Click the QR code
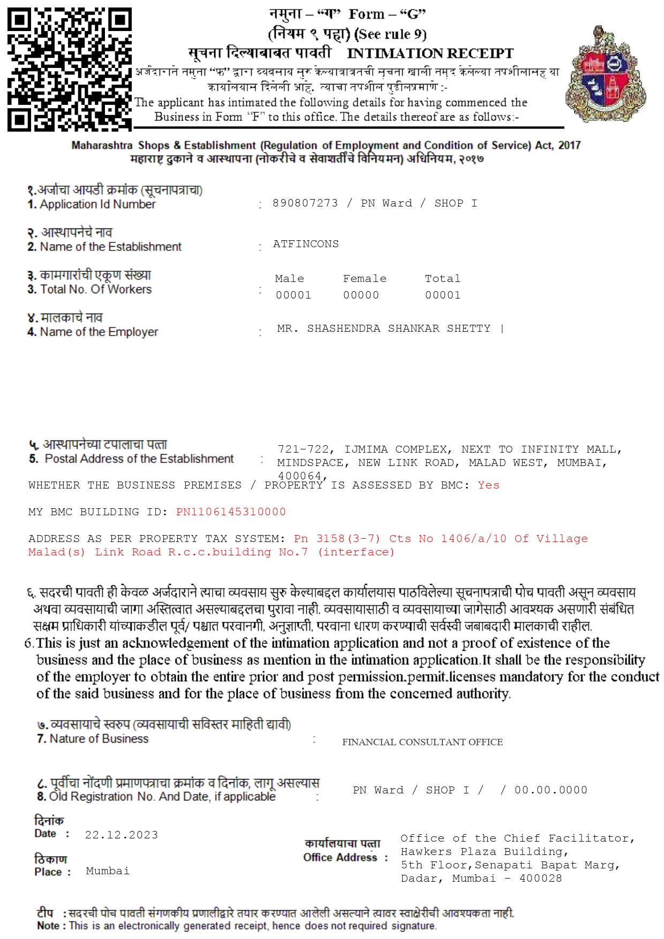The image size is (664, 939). [x=70, y=70]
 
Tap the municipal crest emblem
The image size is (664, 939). [x=606, y=74]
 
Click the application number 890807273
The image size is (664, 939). [x=305, y=203]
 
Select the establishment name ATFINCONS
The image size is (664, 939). [x=306, y=244]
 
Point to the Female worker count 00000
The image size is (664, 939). [x=361, y=295]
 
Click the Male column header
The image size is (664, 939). [x=289, y=279]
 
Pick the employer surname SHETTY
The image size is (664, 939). [x=469, y=329]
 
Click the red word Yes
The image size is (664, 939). [x=488, y=485]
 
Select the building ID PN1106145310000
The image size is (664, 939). [x=231, y=512]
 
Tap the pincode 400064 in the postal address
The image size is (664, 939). [x=299, y=476]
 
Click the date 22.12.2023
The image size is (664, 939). [x=122, y=835]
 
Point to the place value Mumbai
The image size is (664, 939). [x=108, y=871]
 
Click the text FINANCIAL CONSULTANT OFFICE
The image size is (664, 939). [x=422, y=742]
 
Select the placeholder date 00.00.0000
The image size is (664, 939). [x=550, y=790]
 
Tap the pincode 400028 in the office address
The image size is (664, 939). [x=540, y=879]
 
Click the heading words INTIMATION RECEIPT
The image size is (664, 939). [x=430, y=54]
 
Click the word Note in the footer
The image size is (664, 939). [x=48, y=926]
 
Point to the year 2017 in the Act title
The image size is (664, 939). [x=569, y=146]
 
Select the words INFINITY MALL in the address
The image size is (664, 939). [x=569, y=449]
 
